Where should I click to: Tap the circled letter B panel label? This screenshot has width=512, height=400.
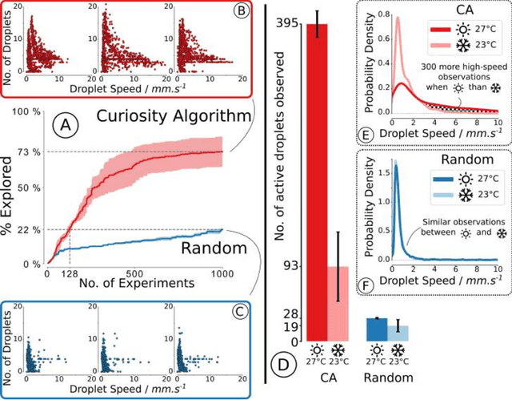pos(241,13)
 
